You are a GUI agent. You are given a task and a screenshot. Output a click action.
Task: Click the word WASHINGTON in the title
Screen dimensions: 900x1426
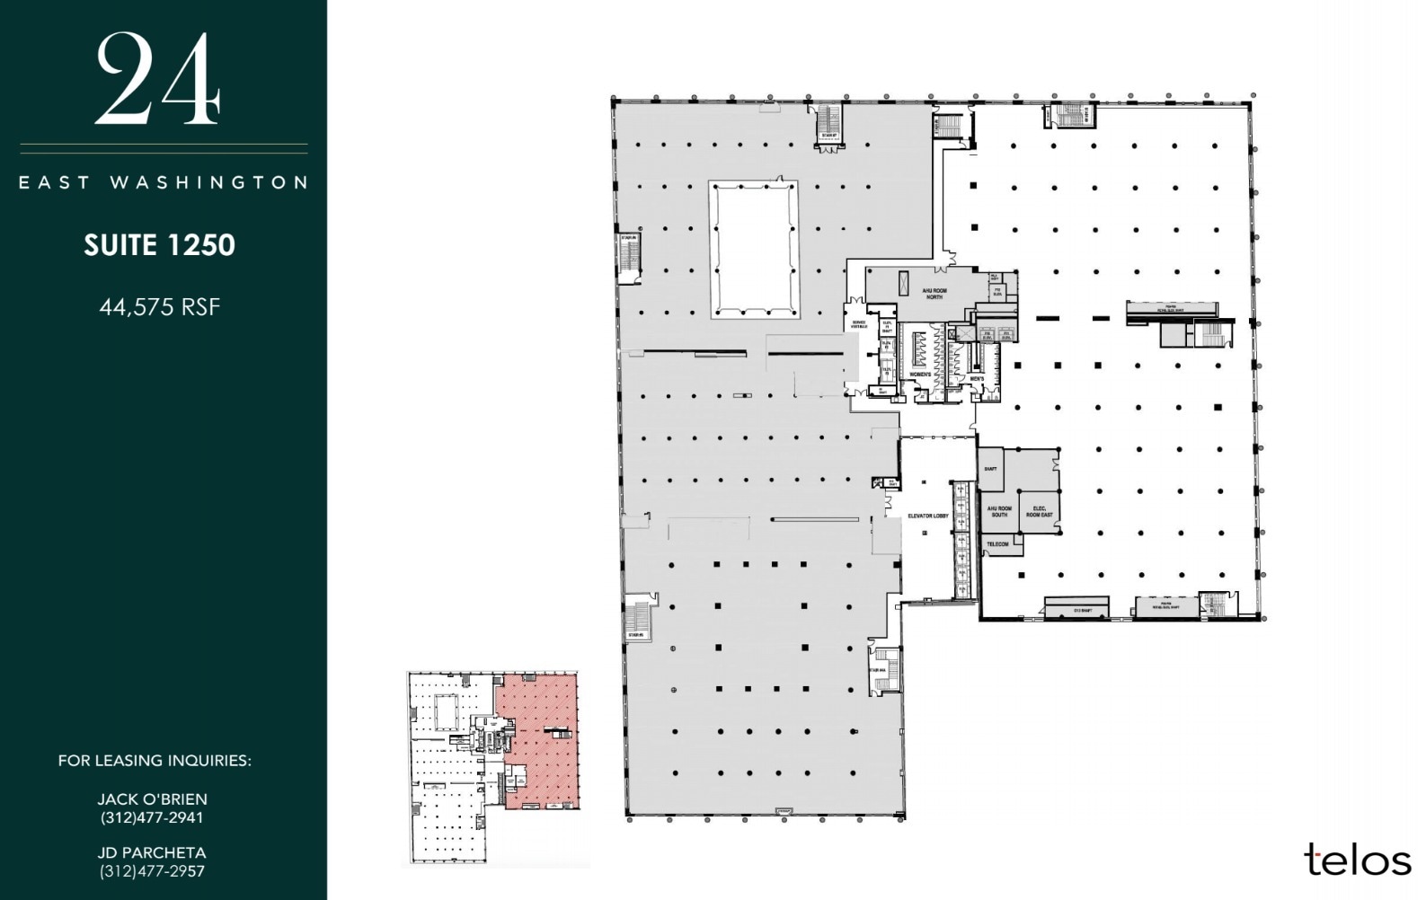(x=209, y=182)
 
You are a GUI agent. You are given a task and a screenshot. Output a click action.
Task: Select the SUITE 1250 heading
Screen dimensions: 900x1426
(x=160, y=245)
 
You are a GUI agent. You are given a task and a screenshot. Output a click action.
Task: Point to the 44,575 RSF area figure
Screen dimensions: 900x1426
(x=160, y=307)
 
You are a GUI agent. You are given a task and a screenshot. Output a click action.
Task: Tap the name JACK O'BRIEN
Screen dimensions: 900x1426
(x=152, y=799)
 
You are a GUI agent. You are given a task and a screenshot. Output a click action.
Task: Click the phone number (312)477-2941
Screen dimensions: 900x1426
(x=152, y=817)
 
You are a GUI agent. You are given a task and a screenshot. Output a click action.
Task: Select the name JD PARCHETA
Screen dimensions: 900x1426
(x=152, y=852)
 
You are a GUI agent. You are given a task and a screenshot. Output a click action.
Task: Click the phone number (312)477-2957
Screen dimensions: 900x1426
(x=152, y=871)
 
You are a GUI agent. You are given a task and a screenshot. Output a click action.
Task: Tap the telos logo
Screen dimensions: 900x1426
(x=1357, y=860)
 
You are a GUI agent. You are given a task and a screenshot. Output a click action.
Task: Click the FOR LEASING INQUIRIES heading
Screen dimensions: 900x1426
(x=155, y=761)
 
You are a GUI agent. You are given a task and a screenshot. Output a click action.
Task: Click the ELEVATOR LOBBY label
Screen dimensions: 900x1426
(x=928, y=516)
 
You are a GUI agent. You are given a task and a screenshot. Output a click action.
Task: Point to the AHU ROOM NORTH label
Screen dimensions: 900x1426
(x=934, y=294)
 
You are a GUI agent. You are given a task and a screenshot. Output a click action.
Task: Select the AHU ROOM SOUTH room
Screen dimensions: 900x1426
(x=999, y=511)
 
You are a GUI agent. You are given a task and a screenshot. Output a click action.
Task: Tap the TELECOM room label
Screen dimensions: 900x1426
(x=998, y=544)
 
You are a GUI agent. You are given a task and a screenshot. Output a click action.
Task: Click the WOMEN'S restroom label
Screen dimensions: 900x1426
(x=919, y=374)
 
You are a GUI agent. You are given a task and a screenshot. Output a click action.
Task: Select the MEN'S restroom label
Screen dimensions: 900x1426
(x=978, y=378)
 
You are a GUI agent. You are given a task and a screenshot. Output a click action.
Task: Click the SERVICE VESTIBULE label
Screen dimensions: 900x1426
(x=859, y=324)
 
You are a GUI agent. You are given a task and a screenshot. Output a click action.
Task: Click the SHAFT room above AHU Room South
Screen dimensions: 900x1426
(x=990, y=469)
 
